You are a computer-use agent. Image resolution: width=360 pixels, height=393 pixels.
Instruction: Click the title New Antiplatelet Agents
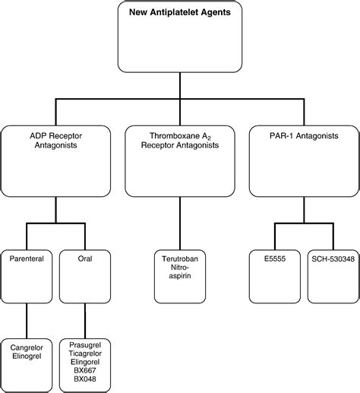coord(180,12)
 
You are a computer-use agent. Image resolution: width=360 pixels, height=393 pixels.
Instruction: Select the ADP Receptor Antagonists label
coord(55,141)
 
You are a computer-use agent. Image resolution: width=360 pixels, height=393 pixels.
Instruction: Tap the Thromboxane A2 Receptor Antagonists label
coord(180,141)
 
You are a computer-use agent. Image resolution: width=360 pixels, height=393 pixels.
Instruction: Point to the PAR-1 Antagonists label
coord(304,136)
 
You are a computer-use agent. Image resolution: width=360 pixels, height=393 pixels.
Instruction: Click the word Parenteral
coord(27,258)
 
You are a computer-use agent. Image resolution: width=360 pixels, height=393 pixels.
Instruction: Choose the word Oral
coord(85,258)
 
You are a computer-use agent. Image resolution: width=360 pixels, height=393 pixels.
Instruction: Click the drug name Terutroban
coord(180,258)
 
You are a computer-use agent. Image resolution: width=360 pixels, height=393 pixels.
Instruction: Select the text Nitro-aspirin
coord(180,271)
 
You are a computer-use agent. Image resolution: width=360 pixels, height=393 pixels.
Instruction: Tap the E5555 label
coord(275,258)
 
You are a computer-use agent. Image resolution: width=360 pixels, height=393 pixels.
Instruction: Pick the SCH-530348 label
coord(333,258)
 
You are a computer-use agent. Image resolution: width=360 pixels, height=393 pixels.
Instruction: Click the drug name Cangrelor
coord(27,347)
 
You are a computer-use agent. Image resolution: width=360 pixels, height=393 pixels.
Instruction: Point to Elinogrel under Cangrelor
coord(27,357)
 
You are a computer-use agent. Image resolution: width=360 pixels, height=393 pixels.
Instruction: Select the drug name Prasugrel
coord(85,345)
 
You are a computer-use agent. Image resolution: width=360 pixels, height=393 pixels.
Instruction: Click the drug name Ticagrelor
coord(85,353)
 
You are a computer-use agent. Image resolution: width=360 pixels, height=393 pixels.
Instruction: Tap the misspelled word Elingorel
coord(85,362)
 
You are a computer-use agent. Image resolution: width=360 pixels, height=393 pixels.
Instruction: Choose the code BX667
coord(85,370)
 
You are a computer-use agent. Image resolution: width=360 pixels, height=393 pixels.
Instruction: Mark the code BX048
coord(85,379)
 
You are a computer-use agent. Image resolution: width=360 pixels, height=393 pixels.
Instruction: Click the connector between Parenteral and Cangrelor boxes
coord(27,321)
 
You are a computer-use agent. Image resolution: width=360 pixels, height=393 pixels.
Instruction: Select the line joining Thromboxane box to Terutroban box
coord(180,223)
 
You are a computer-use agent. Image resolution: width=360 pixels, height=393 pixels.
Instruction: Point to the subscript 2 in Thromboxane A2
coord(209,138)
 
